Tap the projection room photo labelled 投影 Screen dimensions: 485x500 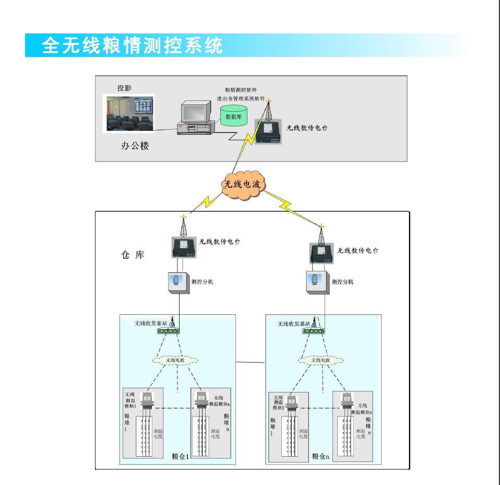click(x=127, y=113)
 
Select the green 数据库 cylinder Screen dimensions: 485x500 click(x=232, y=116)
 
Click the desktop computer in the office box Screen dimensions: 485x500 click(x=195, y=118)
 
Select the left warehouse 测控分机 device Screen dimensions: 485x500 click(x=178, y=282)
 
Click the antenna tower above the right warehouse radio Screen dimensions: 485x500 click(x=322, y=235)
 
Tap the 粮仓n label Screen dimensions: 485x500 click(x=321, y=456)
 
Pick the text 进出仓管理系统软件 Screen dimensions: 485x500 click(x=241, y=98)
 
